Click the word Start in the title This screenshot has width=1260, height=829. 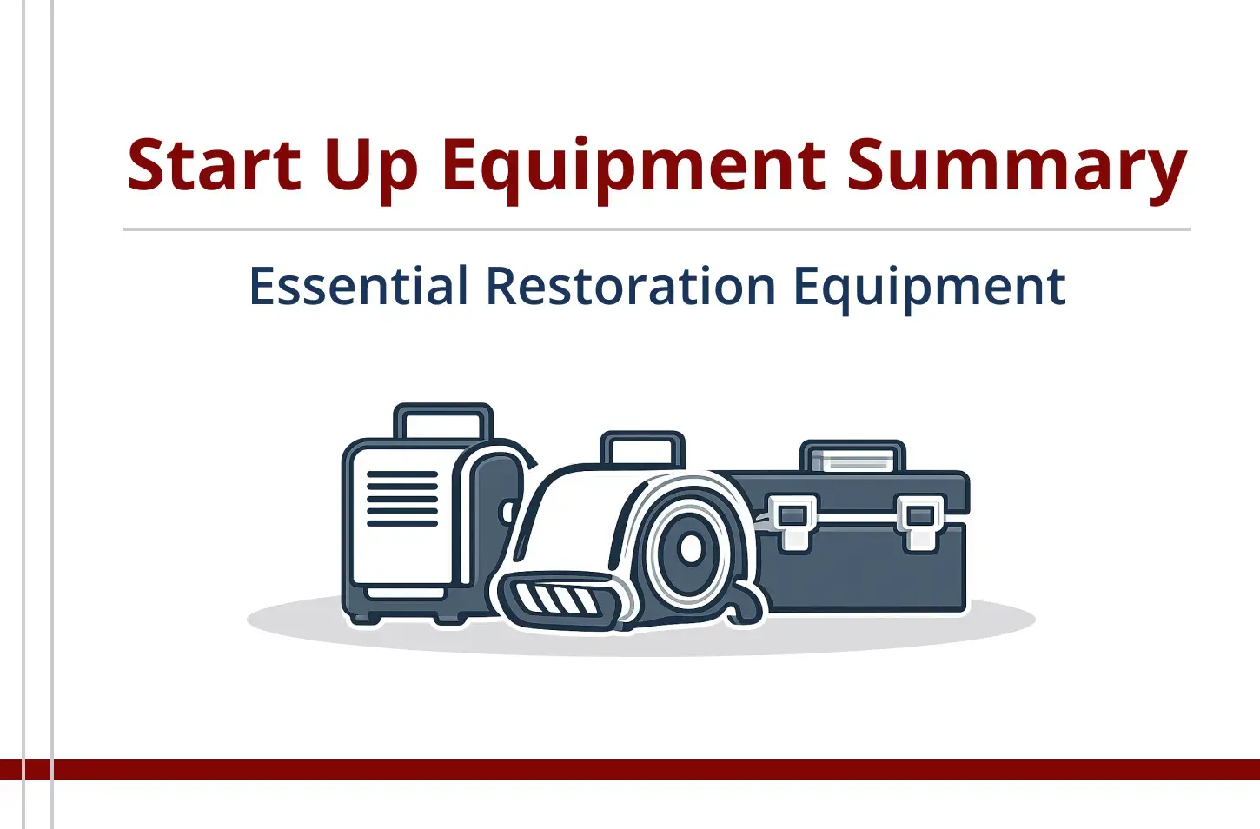pos(214,164)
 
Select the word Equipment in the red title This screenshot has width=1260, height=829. pos(633,167)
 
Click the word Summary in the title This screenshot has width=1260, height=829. pos(1017,167)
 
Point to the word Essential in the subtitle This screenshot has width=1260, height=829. pos(358,286)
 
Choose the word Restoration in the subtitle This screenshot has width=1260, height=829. pos(630,286)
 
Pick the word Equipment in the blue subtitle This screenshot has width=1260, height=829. pos(929,288)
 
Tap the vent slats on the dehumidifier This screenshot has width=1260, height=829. pos(402,499)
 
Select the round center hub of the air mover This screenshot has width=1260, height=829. pos(691,548)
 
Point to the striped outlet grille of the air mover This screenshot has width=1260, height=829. pos(556,598)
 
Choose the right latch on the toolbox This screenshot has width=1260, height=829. pos(920,521)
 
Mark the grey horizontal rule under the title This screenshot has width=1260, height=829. pos(656,230)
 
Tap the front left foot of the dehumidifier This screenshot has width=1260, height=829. pos(365,616)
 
